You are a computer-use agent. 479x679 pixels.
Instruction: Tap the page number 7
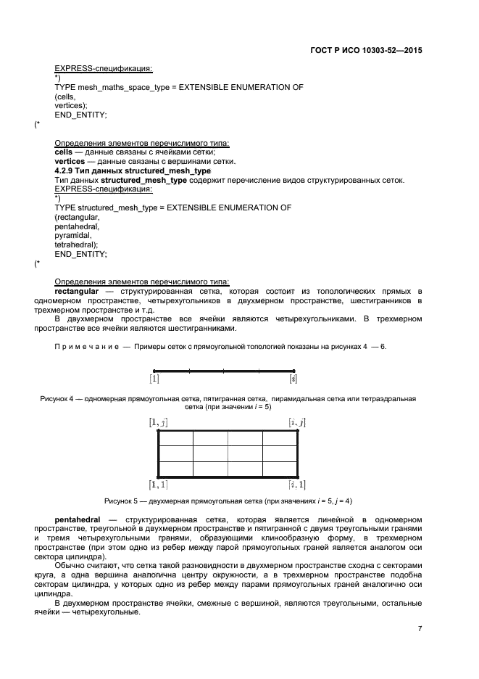pyautogui.click(x=420, y=629)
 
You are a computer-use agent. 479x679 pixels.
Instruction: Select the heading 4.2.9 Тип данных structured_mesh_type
pyautogui.click(x=133, y=170)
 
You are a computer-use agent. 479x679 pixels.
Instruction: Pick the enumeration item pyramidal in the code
pyautogui.click(x=72, y=236)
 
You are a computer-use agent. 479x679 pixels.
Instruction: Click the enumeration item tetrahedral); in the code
pyautogui.click(x=76, y=245)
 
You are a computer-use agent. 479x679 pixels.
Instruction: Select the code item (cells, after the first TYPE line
pyautogui.click(x=65, y=96)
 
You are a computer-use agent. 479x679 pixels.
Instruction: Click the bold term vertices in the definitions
pyautogui.click(x=70, y=161)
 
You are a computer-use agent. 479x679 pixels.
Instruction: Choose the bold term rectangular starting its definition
pyautogui.click(x=79, y=291)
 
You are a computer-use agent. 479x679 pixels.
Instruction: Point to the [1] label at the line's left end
pyautogui.click(x=154, y=379)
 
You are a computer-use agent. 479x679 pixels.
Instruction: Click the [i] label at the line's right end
pyautogui.click(x=293, y=379)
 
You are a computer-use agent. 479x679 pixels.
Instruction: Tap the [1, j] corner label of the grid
pyautogui.click(x=158, y=422)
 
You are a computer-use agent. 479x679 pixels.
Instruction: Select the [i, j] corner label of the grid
pyautogui.click(x=296, y=422)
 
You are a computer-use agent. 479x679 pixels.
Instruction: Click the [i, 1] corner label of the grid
pyautogui.click(x=296, y=484)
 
